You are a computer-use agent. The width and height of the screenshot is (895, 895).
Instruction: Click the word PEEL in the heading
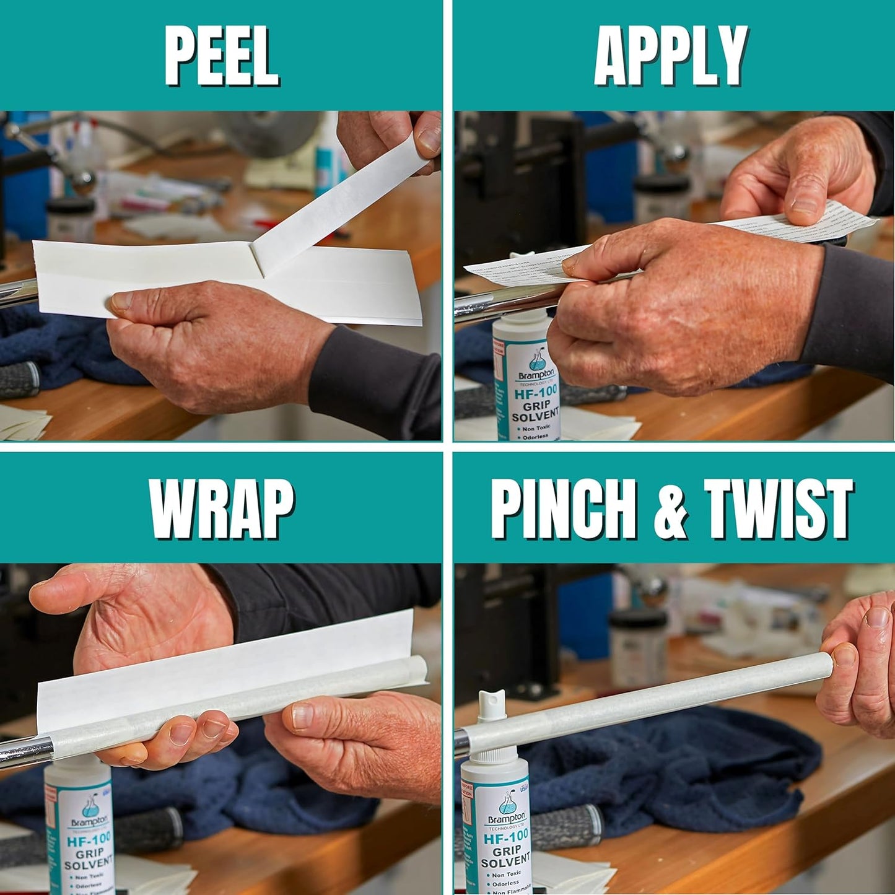point(221,56)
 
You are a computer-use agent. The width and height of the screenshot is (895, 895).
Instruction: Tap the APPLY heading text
point(671,56)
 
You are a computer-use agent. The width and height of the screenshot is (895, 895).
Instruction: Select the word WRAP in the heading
point(221,509)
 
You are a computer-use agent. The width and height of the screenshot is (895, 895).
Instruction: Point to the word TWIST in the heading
point(779,509)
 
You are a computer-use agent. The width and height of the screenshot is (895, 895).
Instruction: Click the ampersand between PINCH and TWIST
point(671,510)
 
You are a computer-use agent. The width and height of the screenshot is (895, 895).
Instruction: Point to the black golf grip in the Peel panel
point(19,379)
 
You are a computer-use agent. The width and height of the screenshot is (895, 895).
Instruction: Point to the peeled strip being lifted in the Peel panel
point(347,198)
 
